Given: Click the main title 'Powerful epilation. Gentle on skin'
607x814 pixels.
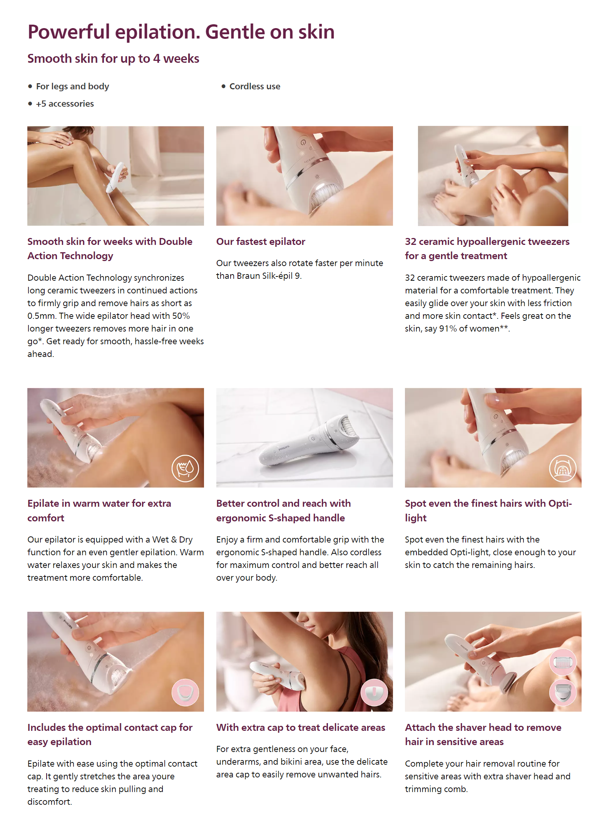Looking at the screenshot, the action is (181, 32).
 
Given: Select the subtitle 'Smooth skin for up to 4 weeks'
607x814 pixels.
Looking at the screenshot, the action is (113, 59).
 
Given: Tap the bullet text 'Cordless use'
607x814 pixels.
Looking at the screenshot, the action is (255, 86).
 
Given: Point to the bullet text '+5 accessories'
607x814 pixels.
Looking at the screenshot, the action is (65, 104).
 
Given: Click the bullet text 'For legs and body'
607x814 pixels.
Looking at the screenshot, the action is (72, 86).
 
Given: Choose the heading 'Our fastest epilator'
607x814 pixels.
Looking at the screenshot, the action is (261, 241).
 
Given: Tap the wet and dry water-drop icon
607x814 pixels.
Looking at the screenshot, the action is (185, 468).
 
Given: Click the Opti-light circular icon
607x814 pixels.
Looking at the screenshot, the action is (563, 468).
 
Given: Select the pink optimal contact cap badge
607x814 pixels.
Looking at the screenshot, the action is (185, 692).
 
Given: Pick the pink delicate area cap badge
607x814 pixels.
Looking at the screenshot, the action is (374, 692).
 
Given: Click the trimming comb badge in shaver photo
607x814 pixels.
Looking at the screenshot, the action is (563, 662).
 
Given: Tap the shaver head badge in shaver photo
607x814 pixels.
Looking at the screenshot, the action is (563, 692).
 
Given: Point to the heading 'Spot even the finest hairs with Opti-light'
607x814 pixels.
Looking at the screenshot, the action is (488, 511).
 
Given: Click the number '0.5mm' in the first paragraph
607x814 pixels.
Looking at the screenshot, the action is (42, 316).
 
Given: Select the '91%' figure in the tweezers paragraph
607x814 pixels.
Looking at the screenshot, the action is (448, 328).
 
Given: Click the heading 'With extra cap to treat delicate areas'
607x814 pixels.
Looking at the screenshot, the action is (301, 727).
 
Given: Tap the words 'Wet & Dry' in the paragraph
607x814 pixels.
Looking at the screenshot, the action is (172, 539).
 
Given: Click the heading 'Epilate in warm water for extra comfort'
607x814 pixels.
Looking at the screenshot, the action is (99, 511).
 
